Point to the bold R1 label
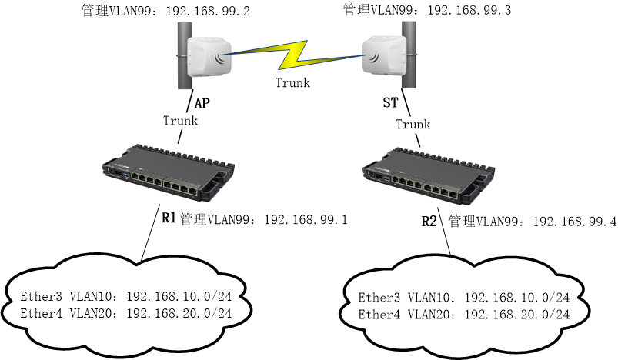tap(169, 218)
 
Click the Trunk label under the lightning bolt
tap(292, 83)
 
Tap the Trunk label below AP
tap(181, 121)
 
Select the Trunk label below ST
tap(413, 124)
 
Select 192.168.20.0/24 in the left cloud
tap(179, 313)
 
